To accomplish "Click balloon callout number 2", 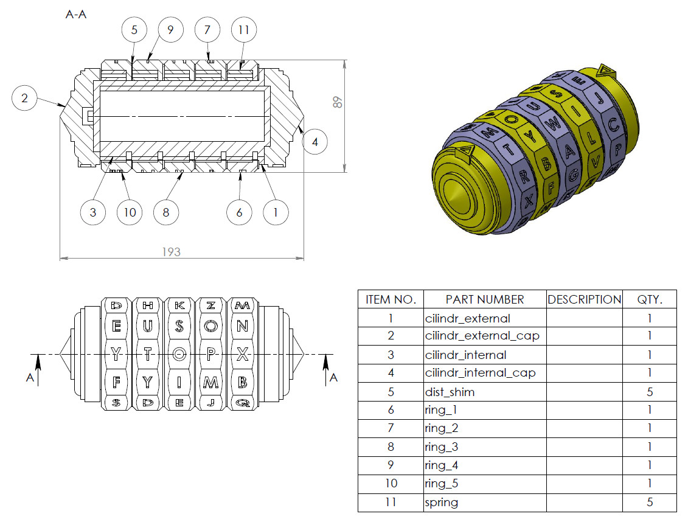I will pos(24,99).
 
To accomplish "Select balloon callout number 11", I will pos(244,29).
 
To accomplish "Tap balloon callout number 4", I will pos(314,142).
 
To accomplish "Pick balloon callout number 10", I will pos(130,212).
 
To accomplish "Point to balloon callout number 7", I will pos(207,29).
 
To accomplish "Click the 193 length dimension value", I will pos(171,251).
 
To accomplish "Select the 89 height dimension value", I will pos(338,102).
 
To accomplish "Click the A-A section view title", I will pos(76,15).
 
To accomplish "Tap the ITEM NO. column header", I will pos(391,299).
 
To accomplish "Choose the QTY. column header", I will pos(650,299).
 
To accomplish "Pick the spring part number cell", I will pos(442,503).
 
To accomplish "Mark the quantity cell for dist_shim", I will pos(650,392).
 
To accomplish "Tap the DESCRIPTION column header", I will pos(585,299).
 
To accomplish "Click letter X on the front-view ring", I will pos(242,354).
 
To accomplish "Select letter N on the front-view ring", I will pos(242,325).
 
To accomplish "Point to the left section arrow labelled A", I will pos(38,368).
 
